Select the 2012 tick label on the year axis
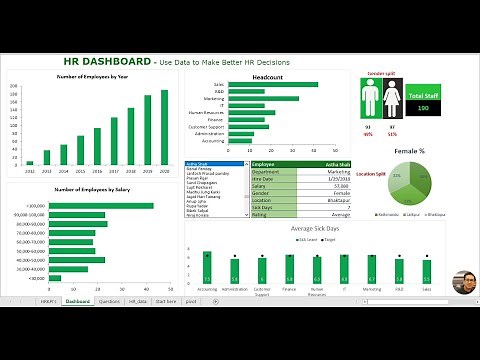pyautogui.click(x=30, y=171)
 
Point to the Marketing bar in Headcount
pyautogui.click(x=261, y=99)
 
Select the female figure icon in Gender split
pyautogui.click(x=391, y=101)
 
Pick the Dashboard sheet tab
pyautogui.click(x=77, y=301)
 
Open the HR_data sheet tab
pyautogui.click(x=137, y=301)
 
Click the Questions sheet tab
pyautogui.click(x=109, y=301)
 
